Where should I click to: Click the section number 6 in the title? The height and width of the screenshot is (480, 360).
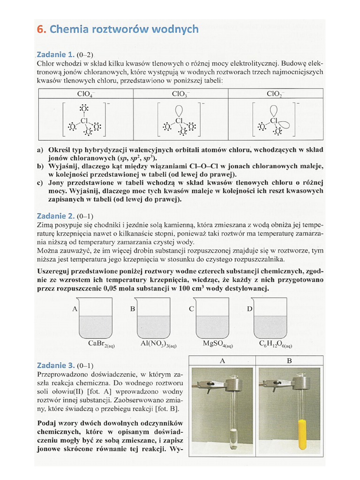[40, 29]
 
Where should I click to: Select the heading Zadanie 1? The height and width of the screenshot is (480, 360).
[56, 54]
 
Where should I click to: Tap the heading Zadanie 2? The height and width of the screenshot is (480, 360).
[56, 216]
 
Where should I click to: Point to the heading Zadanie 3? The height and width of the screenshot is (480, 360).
[56, 365]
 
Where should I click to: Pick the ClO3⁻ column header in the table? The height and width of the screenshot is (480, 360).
[180, 93]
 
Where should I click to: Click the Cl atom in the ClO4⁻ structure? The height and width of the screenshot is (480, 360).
[84, 121]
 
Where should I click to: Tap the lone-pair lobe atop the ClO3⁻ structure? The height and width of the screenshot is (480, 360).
[180, 109]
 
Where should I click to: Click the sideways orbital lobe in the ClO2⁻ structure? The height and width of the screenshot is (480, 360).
[284, 125]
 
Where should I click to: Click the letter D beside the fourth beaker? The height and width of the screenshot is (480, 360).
[250, 309]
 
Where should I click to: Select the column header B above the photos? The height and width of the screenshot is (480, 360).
[289, 361]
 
